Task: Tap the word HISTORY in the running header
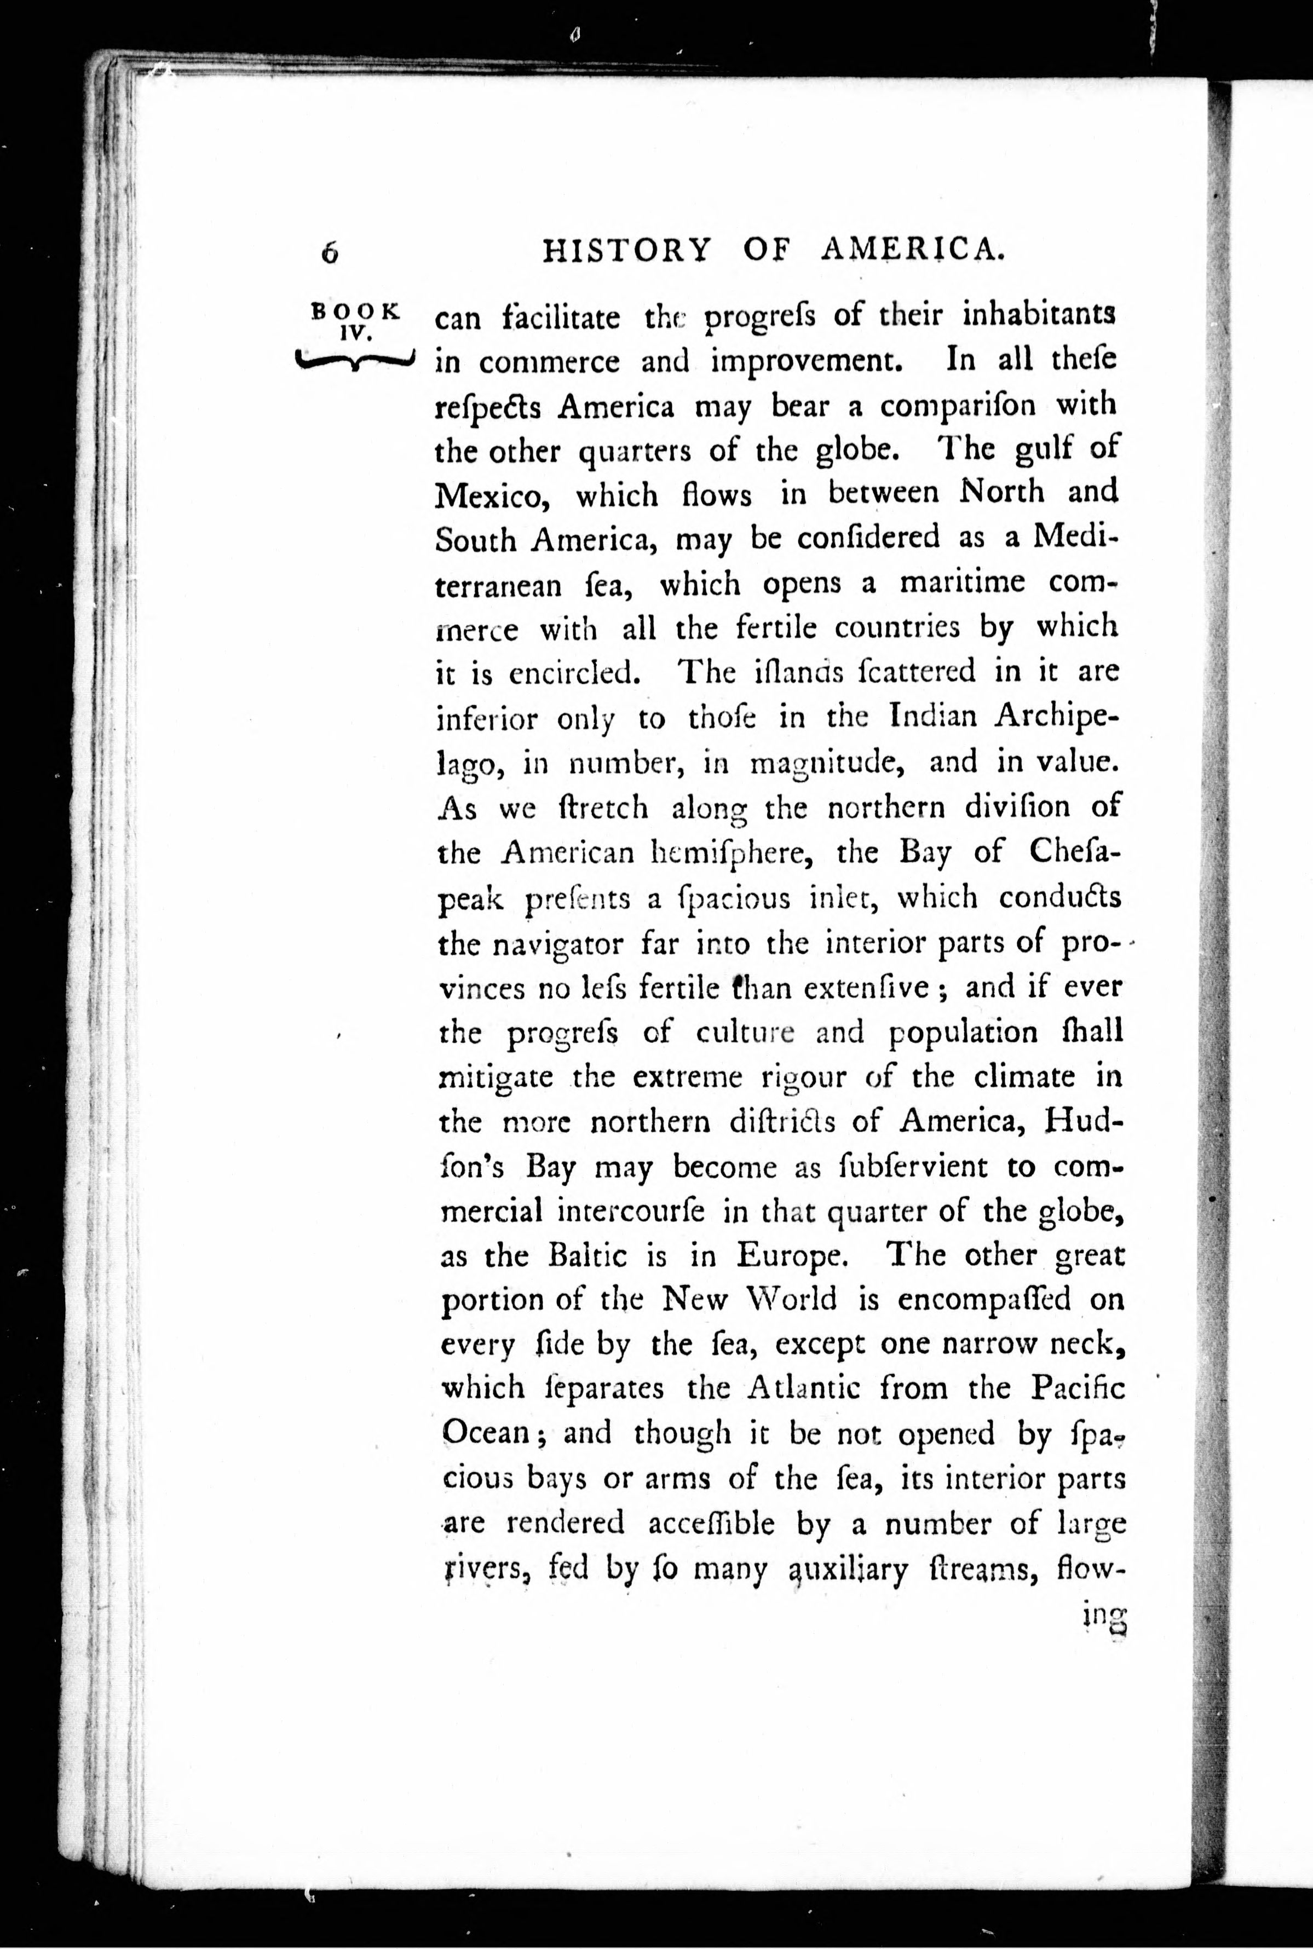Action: pos(627,250)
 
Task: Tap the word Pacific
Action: pos(1078,1388)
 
